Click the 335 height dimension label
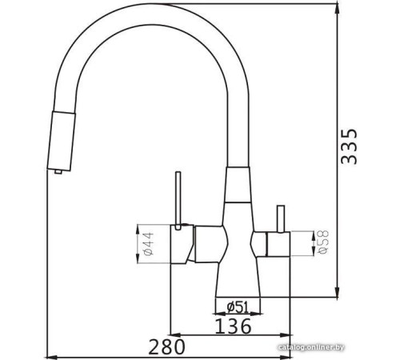pyautogui.click(x=349, y=146)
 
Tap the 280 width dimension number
pyautogui.click(x=166, y=347)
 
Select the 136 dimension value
pyautogui.click(x=233, y=326)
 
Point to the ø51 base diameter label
pyautogui.click(x=238, y=307)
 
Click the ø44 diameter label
pyautogui.click(x=149, y=243)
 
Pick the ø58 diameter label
pyautogui.click(x=324, y=242)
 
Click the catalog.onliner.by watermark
pyautogui.click(x=310, y=347)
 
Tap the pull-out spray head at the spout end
pyautogui.click(x=62, y=142)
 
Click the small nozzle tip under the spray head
pyautogui.click(x=58, y=171)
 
